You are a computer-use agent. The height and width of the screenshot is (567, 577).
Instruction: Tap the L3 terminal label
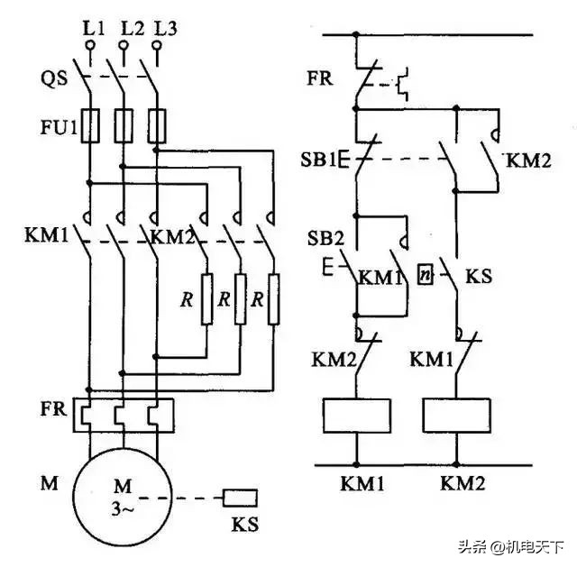[164, 29]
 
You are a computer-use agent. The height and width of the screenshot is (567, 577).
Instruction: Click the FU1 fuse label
[58, 121]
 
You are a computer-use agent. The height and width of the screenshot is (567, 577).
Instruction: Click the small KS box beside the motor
[240, 497]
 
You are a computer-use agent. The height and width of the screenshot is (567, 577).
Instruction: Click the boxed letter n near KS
[428, 270]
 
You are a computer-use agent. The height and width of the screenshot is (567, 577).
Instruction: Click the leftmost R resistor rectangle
[207, 297]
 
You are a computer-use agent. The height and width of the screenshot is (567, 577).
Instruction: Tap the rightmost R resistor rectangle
[273, 297]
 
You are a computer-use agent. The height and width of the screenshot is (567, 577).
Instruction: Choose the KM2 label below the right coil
[462, 483]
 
